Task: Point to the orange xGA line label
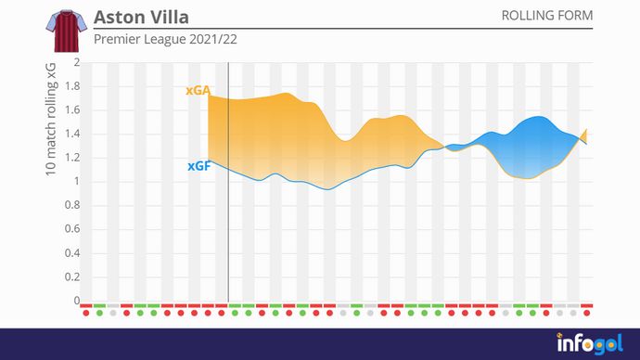point(198,91)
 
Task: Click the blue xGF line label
point(198,167)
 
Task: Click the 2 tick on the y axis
point(77,63)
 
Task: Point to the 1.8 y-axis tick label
point(72,87)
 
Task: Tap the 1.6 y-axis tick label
point(72,110)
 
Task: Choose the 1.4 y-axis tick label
point(72,135)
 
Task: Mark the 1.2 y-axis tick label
point(72,159)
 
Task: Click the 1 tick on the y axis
point(77,182)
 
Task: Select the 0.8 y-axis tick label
point(72,206)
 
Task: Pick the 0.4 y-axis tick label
point(72,253)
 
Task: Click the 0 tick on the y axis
point(77,301)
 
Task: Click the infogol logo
point(589,343)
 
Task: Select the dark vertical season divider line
point(228,186)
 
